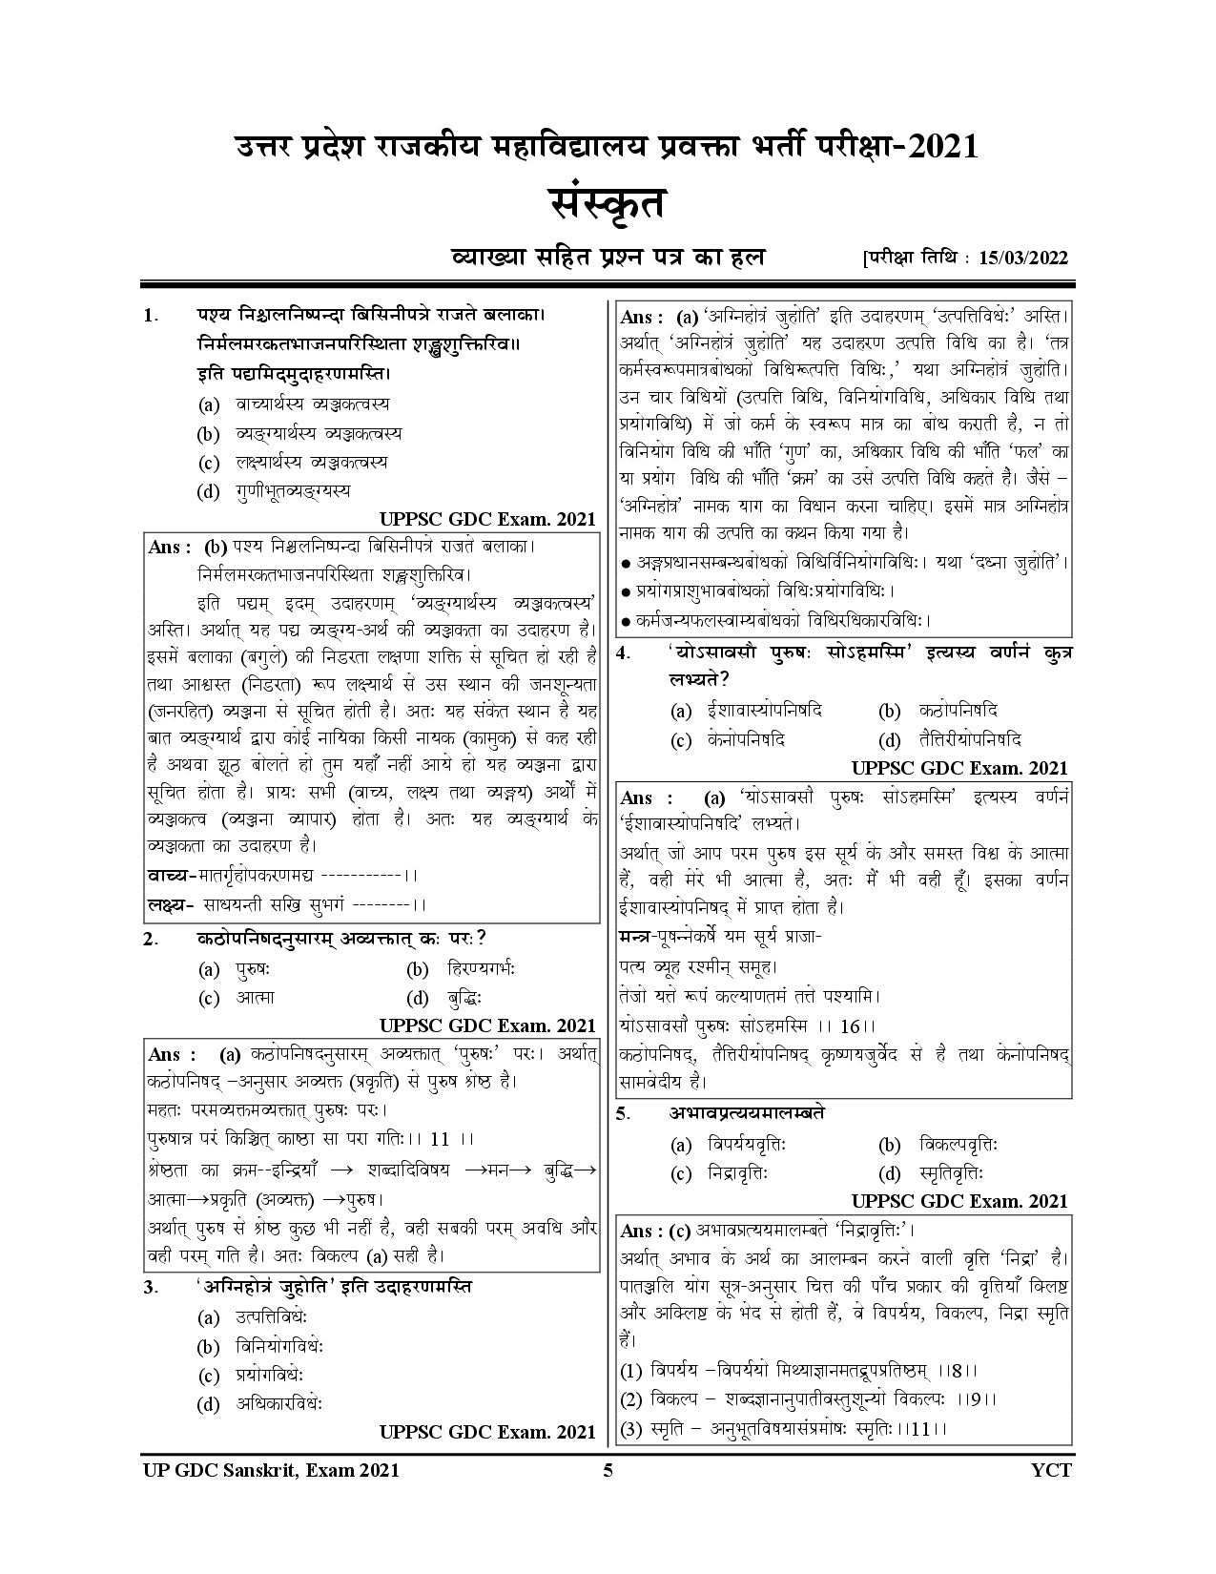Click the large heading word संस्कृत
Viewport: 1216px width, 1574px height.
[608, 204]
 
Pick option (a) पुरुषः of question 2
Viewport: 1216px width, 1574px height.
[253, 969]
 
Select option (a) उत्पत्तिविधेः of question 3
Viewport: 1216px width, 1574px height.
[271, 1317]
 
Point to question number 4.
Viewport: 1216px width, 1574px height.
[623, 655]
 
